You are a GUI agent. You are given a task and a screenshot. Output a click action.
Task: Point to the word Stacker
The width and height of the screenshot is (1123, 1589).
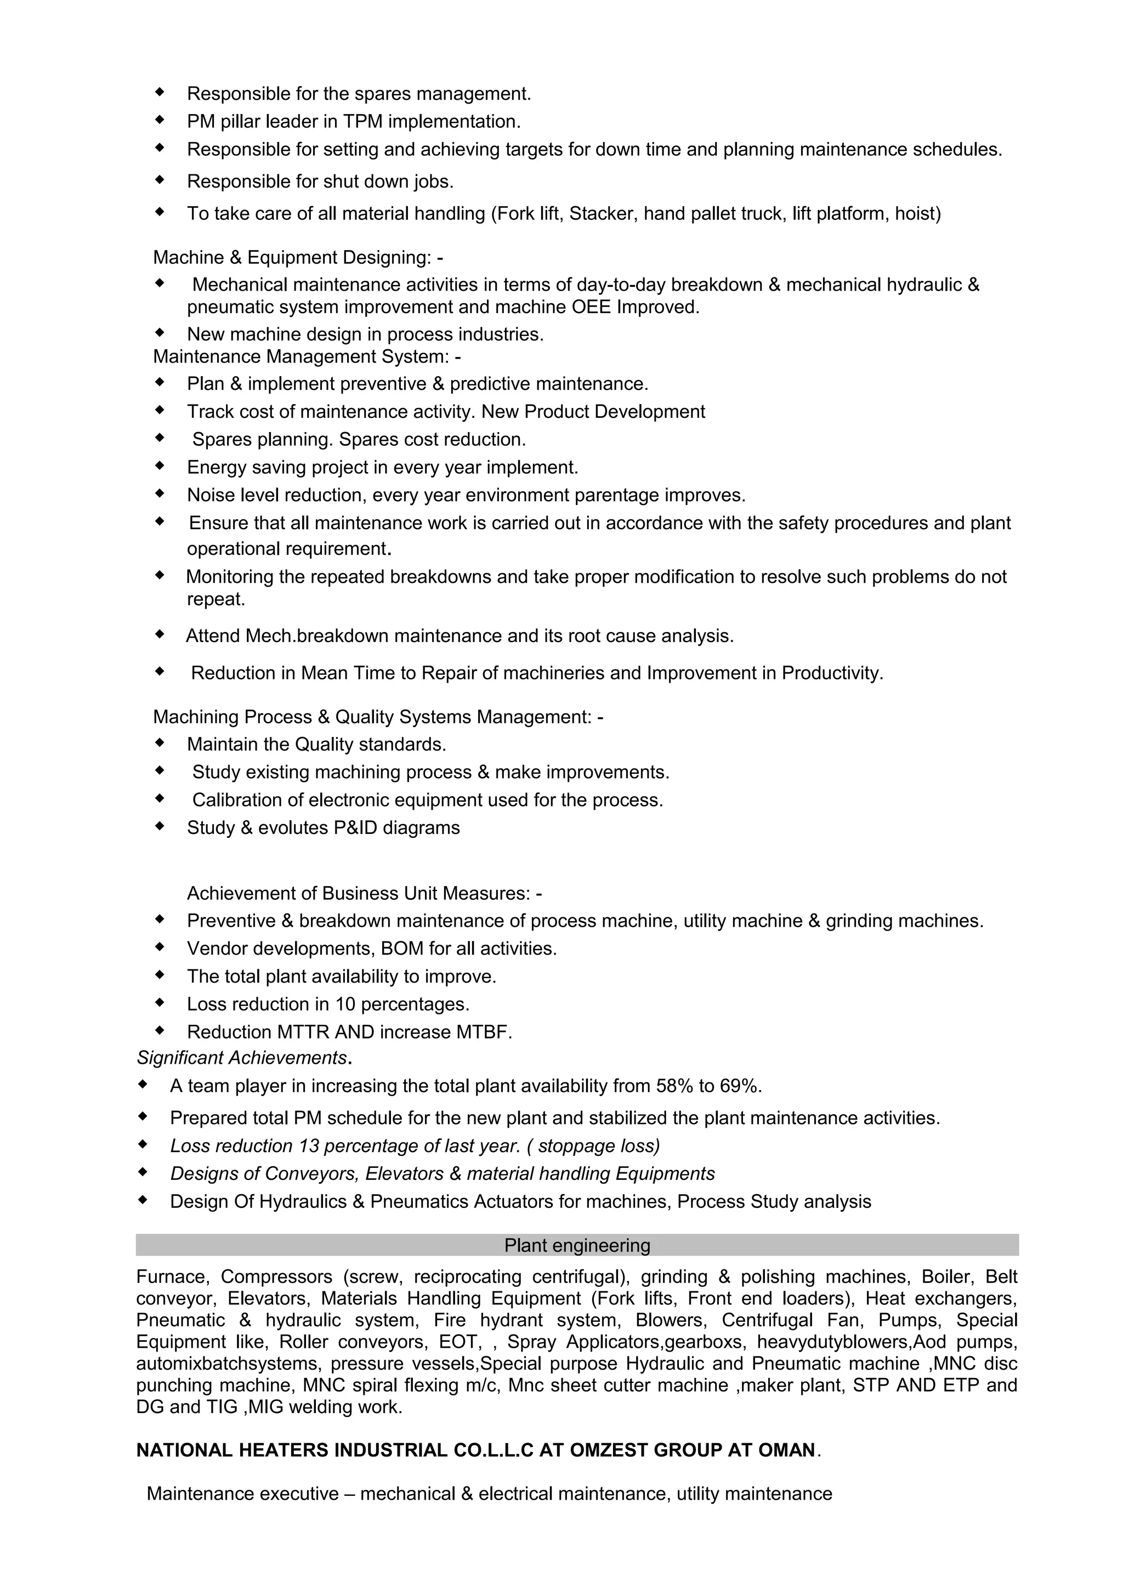600,214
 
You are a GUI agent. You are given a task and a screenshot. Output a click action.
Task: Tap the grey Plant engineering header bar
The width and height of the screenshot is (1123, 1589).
577,1245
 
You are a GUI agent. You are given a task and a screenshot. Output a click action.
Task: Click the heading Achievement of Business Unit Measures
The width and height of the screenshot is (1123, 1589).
364,893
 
